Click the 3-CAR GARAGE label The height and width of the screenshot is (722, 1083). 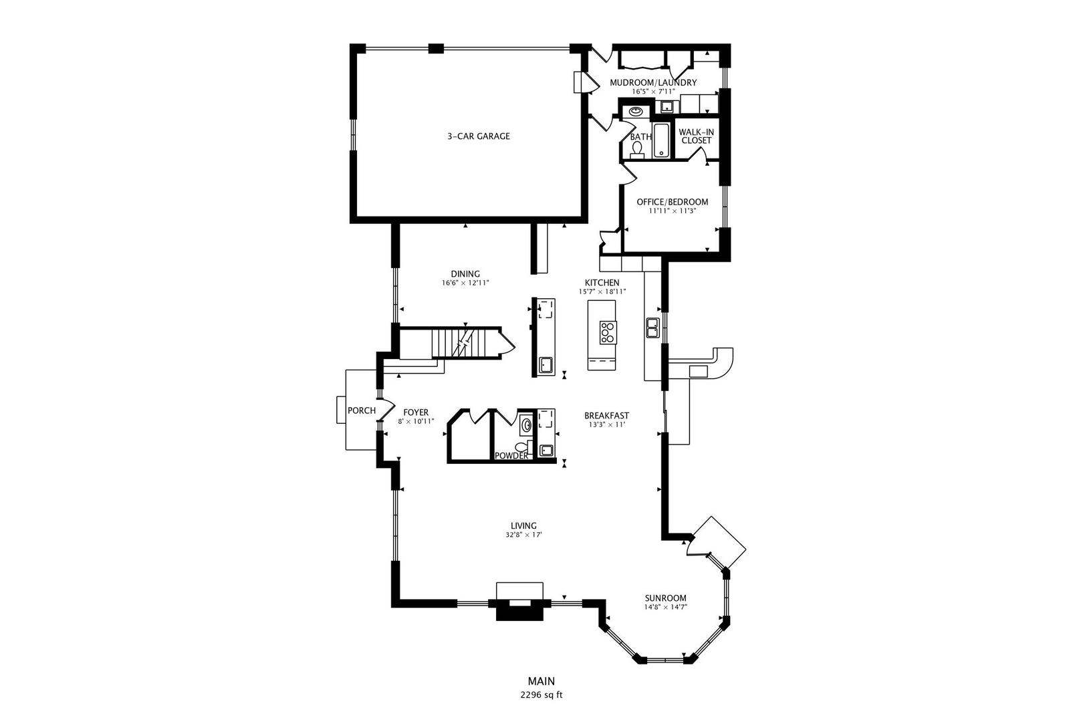[x=478, y=136]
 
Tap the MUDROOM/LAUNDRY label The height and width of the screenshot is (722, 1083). [x=652, y=83]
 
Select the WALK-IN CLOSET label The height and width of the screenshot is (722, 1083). [x=696, y=136]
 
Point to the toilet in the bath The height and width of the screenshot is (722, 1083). [x=638, y=149]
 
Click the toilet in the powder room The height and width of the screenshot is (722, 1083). [x=522, y=446]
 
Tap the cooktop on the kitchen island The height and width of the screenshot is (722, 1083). [x=607, y=332]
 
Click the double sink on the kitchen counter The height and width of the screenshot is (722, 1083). [x=652, y=328]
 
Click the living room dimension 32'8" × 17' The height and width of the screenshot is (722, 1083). [x=523, y=535]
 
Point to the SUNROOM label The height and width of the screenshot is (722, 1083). [x=665, y=598]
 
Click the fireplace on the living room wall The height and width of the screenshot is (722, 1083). [x=519, y=602]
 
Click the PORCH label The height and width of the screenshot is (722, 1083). [x=362, y=410]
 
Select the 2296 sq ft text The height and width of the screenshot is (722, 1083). [x=541, y=695]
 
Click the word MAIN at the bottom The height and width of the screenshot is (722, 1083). [x=541, y=681]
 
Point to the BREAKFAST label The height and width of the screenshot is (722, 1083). [x=606, y=415]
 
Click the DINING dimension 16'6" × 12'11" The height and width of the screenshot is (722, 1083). [x=465, y=283]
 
